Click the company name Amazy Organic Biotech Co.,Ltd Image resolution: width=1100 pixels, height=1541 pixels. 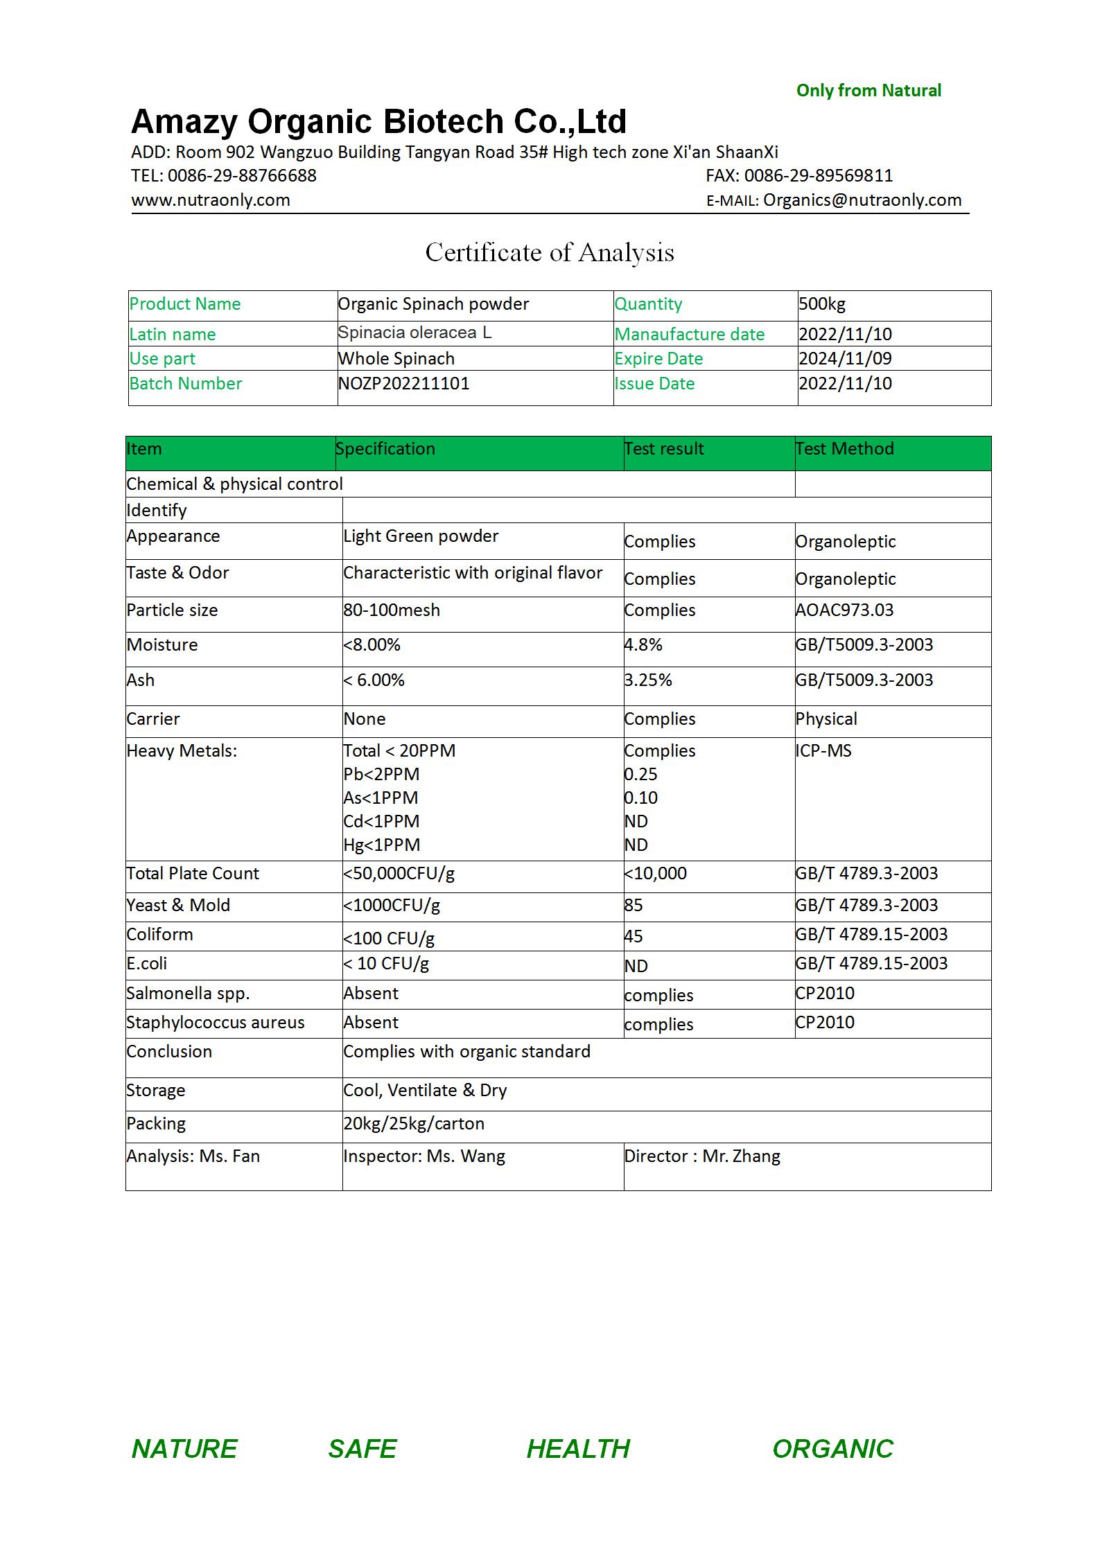point(378,121)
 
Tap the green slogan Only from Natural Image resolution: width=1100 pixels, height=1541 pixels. point(868,91)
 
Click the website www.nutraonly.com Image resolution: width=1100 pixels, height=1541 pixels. point(211,200)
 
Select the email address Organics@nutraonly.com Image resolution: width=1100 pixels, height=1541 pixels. point(862,200)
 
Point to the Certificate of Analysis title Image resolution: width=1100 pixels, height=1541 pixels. point(550,253)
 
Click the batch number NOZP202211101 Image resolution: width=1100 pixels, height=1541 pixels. point(403,383)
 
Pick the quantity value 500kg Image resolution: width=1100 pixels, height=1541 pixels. point(822,304)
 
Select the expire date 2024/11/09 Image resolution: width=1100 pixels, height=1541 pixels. point(845,359)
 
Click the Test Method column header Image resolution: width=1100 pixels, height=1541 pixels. point(844,449)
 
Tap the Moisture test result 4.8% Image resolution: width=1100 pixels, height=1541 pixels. point(643,645)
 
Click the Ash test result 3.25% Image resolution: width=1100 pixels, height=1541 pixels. point(648,680)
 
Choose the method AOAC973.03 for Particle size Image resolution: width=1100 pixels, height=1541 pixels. point(844,610)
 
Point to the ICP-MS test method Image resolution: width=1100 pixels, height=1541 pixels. point(823,751)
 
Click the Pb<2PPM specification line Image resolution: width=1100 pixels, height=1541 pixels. point(381,775)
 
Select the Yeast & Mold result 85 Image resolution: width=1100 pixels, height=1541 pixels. point(634,906)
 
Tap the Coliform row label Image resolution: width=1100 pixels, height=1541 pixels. point(159,935)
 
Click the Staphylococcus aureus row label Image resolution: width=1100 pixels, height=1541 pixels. point(215,1023)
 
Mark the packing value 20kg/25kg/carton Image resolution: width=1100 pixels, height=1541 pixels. point(414,1124)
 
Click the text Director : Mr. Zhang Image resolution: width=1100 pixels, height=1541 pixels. point(702,1156)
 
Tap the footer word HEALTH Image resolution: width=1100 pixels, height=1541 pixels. point(578,1449)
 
